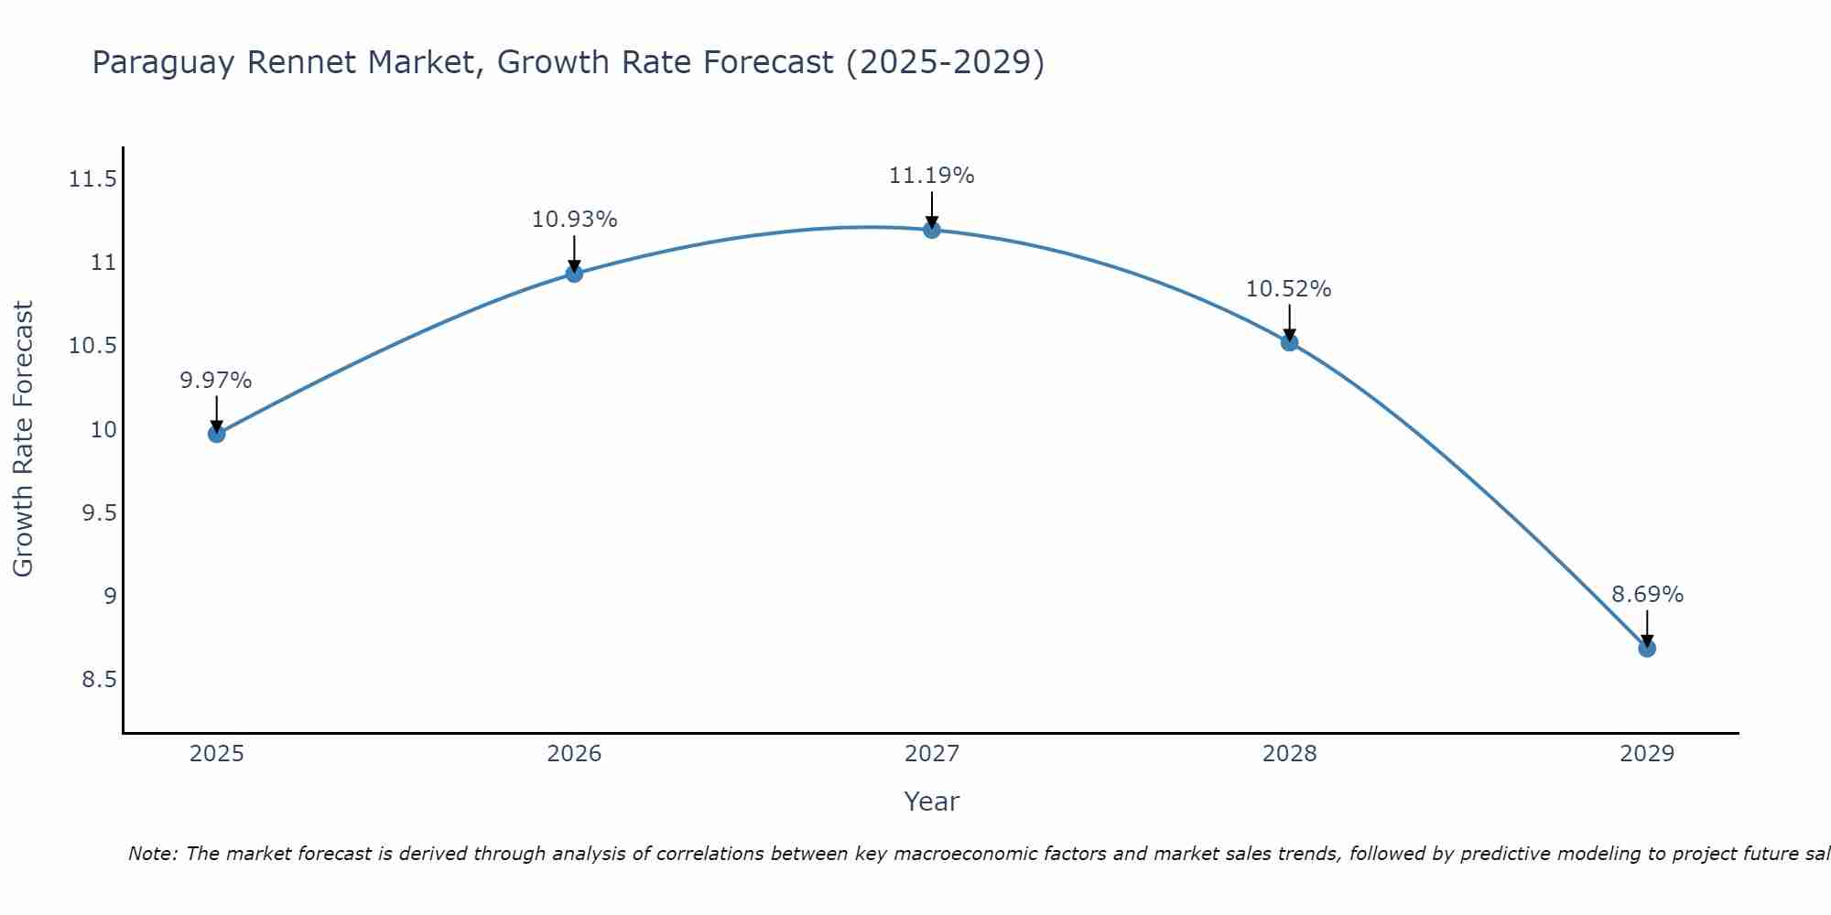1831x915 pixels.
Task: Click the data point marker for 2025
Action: click(x=217, y=434)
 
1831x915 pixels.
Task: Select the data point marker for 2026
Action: click(x=574, y=274)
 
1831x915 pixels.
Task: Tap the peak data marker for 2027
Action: click(x=932, y=230)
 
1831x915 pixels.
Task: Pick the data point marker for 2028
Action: click(x=1289, y=342)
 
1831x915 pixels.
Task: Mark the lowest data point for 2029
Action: click(x=1647, y=649)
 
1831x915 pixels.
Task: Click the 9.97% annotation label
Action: click(x=216, y=381)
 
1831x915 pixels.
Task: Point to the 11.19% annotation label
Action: click(x=931, y=176)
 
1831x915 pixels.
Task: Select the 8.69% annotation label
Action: click(x=1647, y=595)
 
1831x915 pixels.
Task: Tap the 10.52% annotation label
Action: click(x=1288, y=289)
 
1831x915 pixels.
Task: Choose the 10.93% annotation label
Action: click(x=574, y=220)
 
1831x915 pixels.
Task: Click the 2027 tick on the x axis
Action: click(x=932, y=754)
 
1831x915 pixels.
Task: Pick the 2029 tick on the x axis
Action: click(x=1647, y=754)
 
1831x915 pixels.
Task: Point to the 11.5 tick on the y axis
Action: click(x=93, y=179)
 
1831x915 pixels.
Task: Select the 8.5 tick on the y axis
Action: click(x=100, y=680)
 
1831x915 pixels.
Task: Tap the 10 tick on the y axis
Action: click(x=104, y=430)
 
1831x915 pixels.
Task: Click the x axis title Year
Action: click(x=931, y=802)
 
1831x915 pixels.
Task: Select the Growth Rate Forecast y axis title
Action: click(x=23, y=439)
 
